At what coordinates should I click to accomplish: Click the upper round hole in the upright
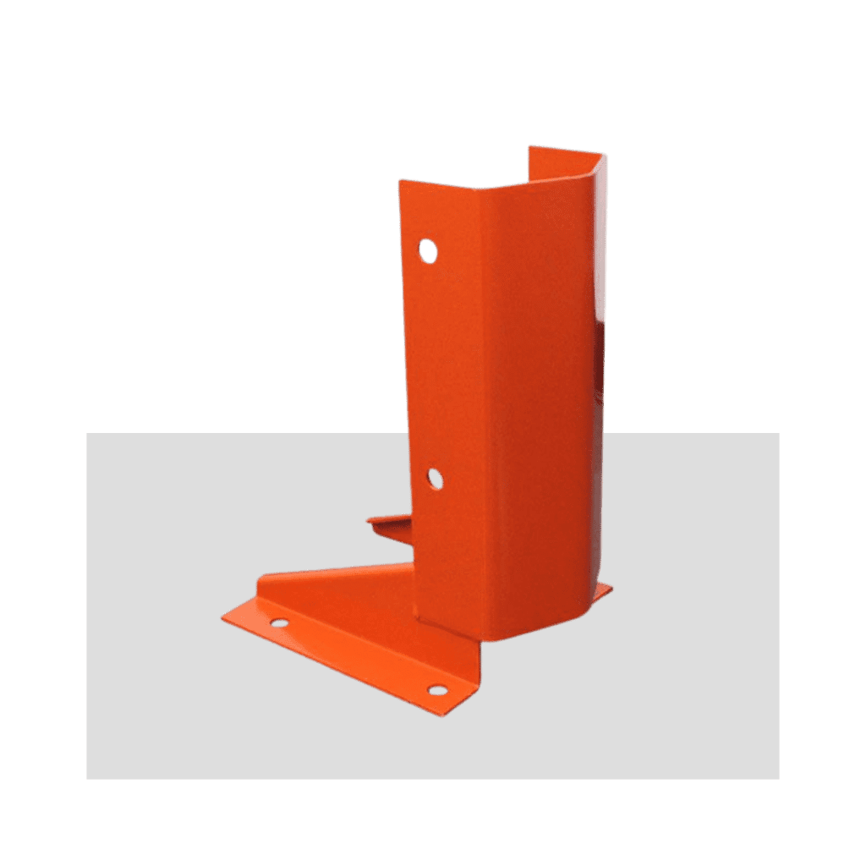click(x=428, y=250)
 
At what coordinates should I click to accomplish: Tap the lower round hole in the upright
click(x=434, y=479)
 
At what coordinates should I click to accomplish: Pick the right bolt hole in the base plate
click(x=436, y=689)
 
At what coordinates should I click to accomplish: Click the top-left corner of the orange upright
click(x=399, y=179)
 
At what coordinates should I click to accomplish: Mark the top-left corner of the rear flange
click(x=528, y=147)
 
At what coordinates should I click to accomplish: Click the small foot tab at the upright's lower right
click(x=605, y=589)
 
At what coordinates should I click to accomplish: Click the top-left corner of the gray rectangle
click(x=86, y=434)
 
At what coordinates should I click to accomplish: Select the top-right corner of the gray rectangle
click(x=779, y=434)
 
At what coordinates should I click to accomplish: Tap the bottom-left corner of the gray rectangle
click(x=86, y=778)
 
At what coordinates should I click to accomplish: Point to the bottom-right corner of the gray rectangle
click(x=779, y=778)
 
